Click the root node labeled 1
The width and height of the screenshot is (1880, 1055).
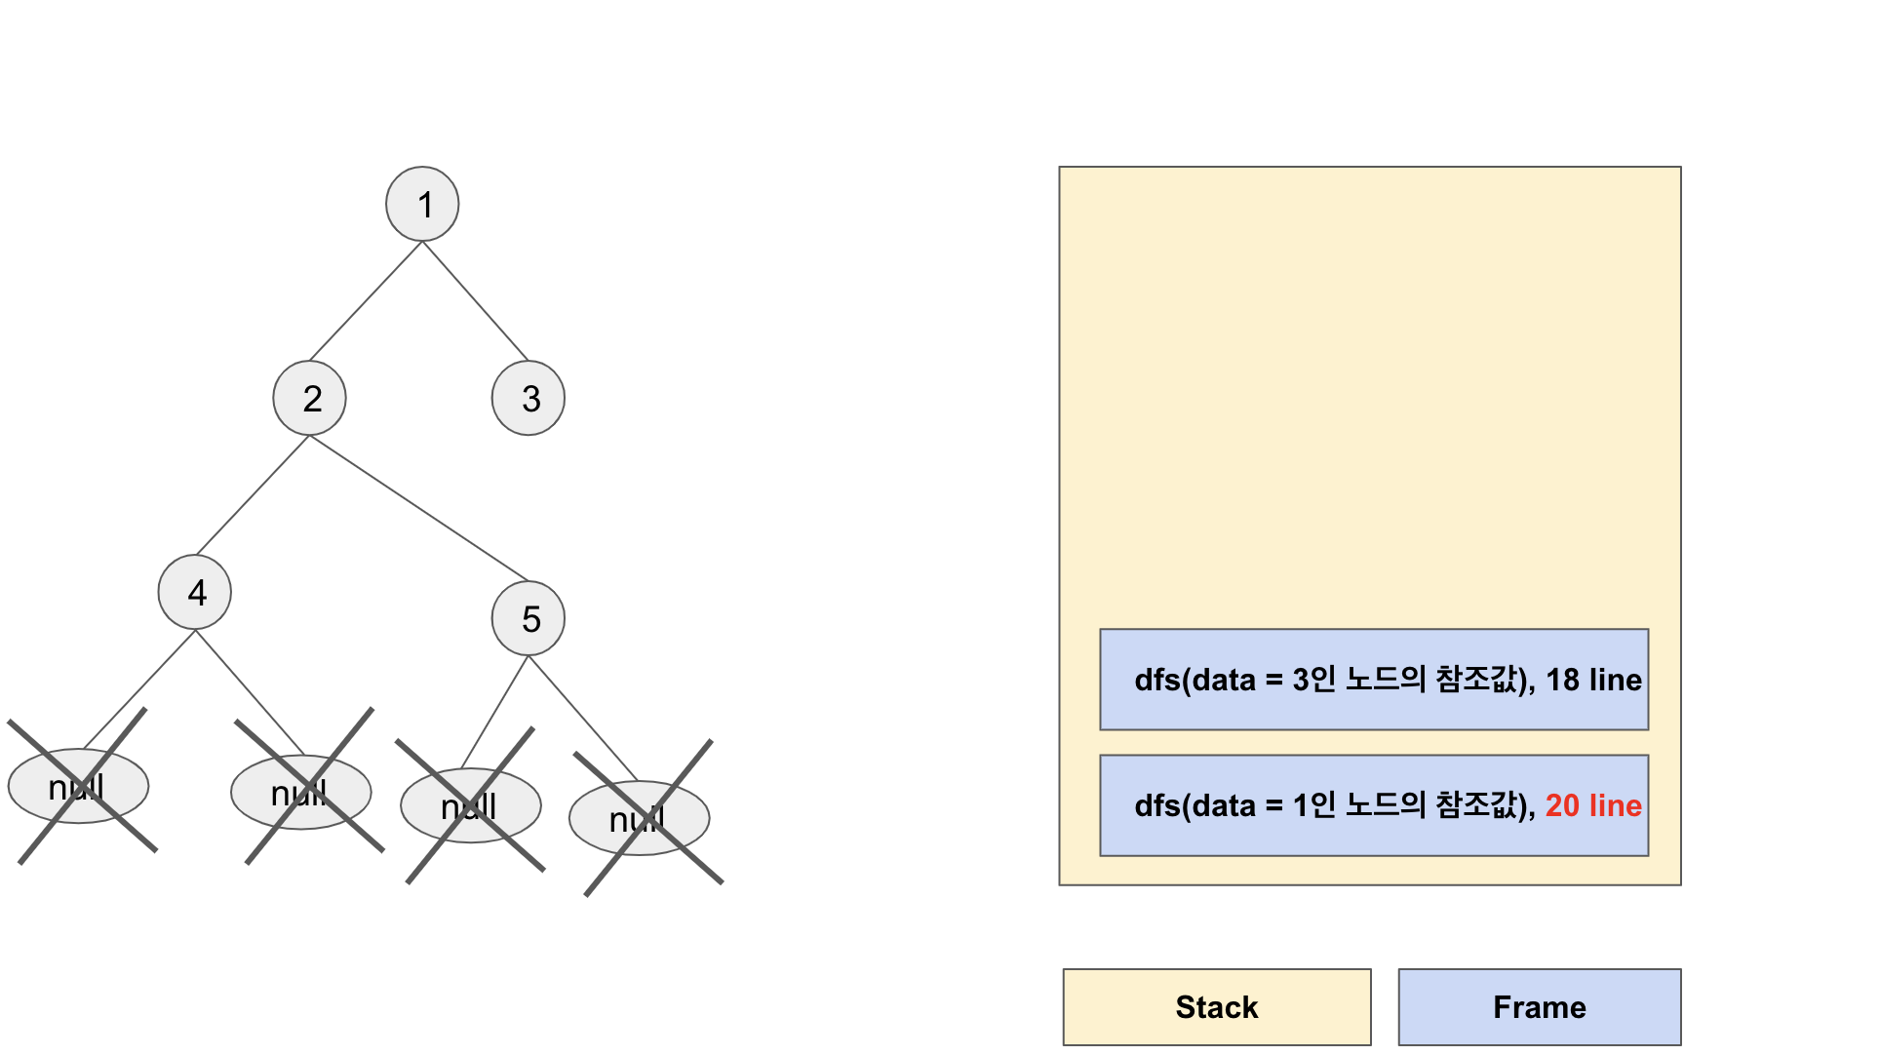(x=422, y=204)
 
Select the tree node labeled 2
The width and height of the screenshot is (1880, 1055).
(x=310, y=398)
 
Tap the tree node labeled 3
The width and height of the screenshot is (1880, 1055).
(x=529, y=398)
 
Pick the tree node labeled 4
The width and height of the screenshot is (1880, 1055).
(x=195, y=592)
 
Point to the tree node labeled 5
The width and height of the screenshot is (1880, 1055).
(x=529, y=618)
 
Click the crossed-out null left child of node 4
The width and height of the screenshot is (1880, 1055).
(x=78, y=786)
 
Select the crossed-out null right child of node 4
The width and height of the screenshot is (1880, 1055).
(x=301, y=792)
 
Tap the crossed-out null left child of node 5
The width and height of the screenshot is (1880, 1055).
(x=471, y=805)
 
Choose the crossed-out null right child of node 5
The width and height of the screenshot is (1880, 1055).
(x=640, y=818)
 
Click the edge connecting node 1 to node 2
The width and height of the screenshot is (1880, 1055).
(x=366, y=301)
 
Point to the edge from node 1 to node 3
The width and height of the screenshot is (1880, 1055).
(x=476, y=301)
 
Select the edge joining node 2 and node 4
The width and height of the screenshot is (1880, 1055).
(x=253, y=495)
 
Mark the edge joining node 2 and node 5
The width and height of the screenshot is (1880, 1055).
(x=419, y=508)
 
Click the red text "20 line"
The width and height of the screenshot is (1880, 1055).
(x=1593, y=805)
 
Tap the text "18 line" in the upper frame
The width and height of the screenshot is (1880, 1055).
(x=1593, y=680)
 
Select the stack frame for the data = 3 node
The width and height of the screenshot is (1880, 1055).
(x=1373, y=680)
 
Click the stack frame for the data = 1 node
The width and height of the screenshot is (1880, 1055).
(x=1373, y=805)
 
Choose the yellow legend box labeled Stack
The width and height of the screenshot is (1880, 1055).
(x=1217, y=1007)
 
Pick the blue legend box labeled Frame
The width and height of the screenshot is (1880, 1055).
(x=1540, y=1007)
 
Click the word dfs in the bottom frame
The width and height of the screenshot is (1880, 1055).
(x=1157, y=805)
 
